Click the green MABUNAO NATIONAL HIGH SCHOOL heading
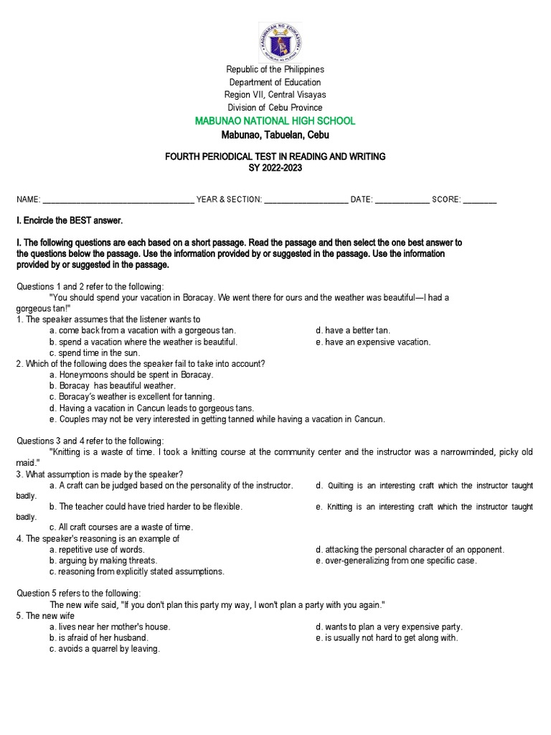coord(275,121)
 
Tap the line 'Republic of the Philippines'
coord(275,70)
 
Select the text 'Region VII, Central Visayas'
coord(275,95)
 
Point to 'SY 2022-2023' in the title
coord(275,169)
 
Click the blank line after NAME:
coord(118,200)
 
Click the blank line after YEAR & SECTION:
coord(306,200)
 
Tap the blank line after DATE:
coord(402,200)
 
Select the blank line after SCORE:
coord(480,200)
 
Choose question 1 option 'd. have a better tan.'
coord(353,330)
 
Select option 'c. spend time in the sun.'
coord(95,353)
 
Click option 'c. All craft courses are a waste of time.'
coord(121,528)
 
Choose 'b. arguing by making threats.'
coord(103,561)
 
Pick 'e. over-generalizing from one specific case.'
coord(396,561)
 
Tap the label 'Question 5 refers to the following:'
coord(79,593)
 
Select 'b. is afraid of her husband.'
coord(98,637)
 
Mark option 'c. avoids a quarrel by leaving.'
coord(105,649)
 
